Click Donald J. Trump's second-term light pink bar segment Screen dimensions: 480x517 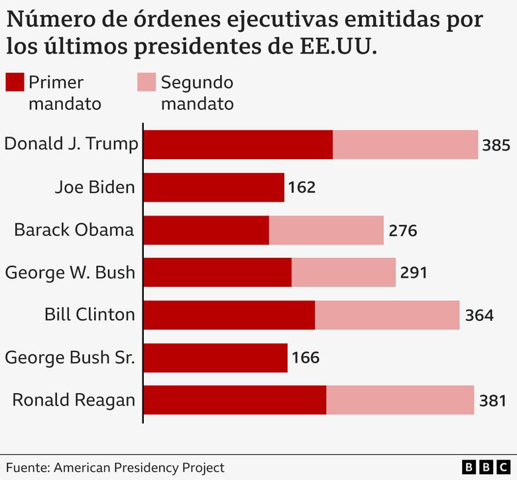click(x=405, y=145)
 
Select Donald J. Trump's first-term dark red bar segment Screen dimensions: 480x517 click(x=238, y=145)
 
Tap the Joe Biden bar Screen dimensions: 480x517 click(x=213, y=188)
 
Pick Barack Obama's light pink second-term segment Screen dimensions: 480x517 click(x=326, y=230)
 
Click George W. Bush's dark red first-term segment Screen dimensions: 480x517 click(x=217, y=272)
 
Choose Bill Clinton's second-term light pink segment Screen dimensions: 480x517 click(x=387, y=315)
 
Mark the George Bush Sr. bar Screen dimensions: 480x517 click(x=215, y=358)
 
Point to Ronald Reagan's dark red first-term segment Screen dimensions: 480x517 click(x=235, y=400)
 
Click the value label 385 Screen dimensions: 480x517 click(x=496, y=145)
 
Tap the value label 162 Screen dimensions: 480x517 click(x=302, y=188)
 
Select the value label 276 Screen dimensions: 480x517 click(x=402, y=231)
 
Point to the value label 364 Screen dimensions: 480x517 click(x=479, y=316)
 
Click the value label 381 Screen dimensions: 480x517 click(x=492, y=400)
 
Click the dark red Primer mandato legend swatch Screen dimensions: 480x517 click(x=15, y=83)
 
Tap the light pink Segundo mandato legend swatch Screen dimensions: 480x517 click(x=146, y=83)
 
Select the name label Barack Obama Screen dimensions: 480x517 click(x=74, y=230)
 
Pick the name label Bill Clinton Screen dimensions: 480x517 click(x=89, y=315)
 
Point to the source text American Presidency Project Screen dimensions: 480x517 click(x=139, y=467)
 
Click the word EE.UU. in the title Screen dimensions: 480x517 click(x=336, y=47)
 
